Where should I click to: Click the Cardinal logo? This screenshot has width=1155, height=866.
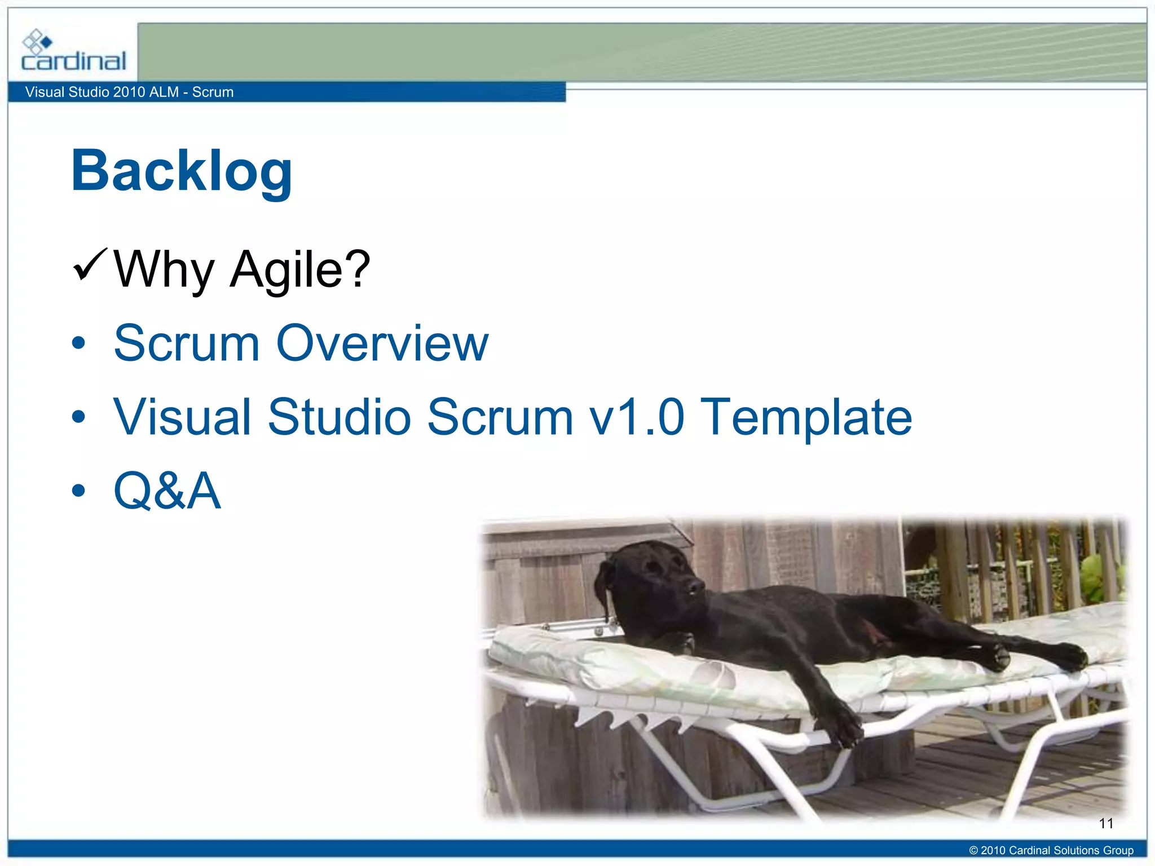coord(73,52)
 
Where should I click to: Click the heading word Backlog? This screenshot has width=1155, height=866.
coord(182,171)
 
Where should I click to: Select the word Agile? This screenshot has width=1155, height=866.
coord(299,269)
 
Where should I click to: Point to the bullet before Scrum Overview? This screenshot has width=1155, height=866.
coord(79,343)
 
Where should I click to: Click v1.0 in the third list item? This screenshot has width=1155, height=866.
coord(637,417)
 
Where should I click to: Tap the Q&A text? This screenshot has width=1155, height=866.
coord(167,491)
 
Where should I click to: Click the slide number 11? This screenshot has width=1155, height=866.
coord(1106,824)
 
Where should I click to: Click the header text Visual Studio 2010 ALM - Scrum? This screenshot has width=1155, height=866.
coord(129,92)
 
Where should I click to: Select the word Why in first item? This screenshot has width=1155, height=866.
coord(164,269)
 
